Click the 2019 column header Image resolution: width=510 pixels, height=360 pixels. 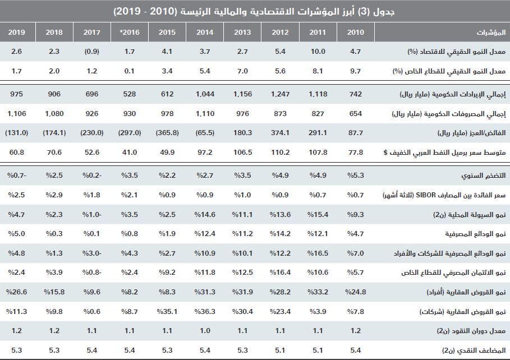point(16,32)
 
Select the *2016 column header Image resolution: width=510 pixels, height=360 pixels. point(129,32)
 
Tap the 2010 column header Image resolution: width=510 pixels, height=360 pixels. point(355,32)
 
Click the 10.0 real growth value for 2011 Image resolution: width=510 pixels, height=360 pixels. point(318,52)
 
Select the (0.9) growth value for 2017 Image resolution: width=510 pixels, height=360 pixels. point(91,52)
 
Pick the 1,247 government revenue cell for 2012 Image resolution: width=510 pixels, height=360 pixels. point(281,94)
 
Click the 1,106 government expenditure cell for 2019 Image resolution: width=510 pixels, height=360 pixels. point(17,114)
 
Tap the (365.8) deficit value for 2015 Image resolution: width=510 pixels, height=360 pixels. point(167,133)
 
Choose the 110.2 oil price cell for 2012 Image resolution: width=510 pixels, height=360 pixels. point(281,153)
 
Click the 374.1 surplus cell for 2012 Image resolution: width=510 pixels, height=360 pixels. point(281,133)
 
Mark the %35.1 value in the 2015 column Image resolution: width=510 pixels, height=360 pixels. point(167,311)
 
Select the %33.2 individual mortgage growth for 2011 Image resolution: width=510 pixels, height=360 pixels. point(318,292)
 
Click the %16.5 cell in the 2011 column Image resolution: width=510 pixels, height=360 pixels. point(318,253)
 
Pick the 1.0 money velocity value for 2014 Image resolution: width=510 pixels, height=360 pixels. point(205,331)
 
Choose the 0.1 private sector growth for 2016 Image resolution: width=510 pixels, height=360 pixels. point(130,71)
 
